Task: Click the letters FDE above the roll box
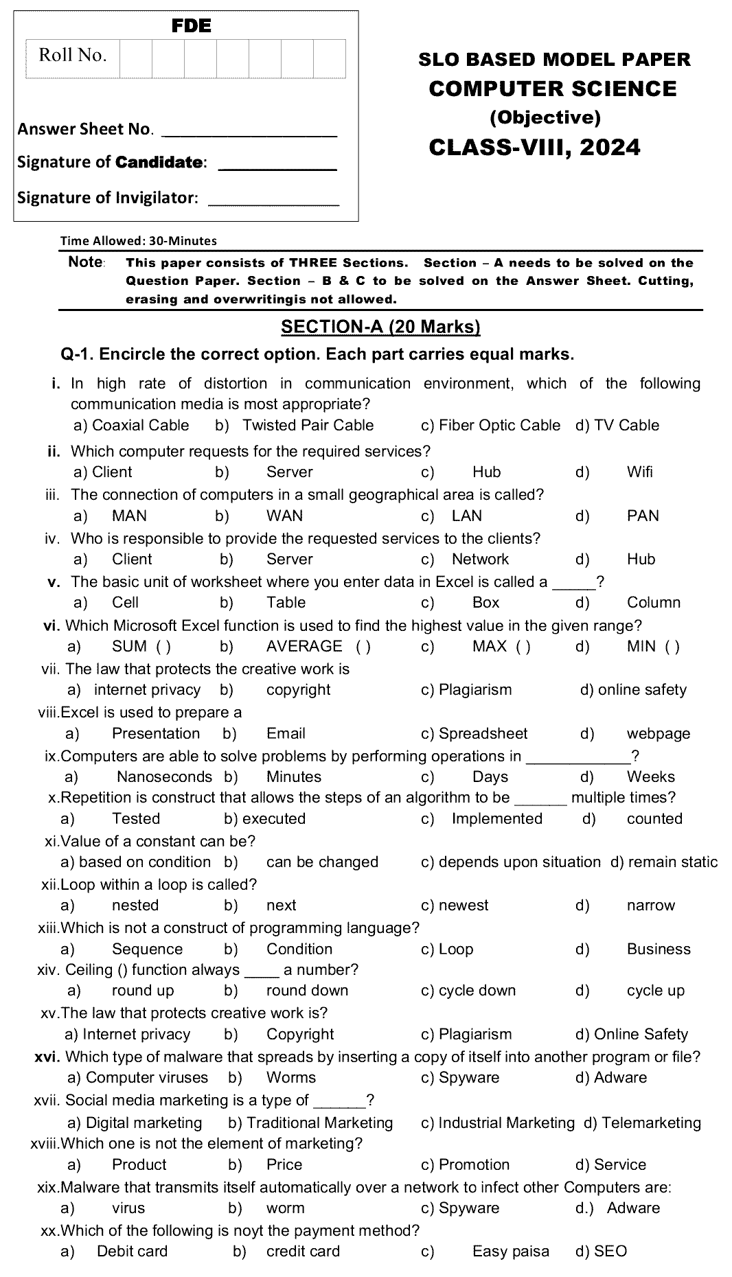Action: (191, 26)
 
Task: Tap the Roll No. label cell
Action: (72, 56)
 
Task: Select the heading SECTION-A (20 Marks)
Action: (380, 327)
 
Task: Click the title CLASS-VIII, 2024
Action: (534, 147)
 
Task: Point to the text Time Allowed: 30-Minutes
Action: (138, 240)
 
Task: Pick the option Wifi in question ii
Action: (639, 472)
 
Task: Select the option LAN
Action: (466, 516)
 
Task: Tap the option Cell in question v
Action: (125, 602)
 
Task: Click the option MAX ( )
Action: (501, 646)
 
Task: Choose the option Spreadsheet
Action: (483, 733)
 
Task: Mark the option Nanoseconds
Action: (164, 776)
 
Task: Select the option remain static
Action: (672, 862)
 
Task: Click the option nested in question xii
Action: (135, 905)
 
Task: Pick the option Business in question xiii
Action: (658, 949)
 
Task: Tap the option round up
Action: (143, 990)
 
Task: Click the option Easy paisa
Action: (510, 1251)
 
